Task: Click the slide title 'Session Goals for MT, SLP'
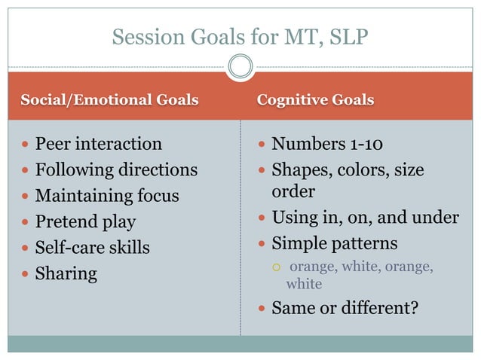pyautogui.click(x=240, y=35)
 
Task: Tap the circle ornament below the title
pyautogui.click(x=240, y=67)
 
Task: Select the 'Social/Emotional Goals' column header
pyautogui.click(x=109, y=100)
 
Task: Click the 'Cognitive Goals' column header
pyautogui.click(x=315, y=100)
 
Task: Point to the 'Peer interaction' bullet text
pyautogui.click(x=98, y=144)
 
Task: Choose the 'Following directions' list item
pyautogui.click(x=116, y=170)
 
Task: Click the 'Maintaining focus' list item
pyautogui.click(x=107, y=196)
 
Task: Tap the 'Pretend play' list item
pyautogui.click(x=85, y=222)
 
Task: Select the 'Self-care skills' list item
pyautogui.click(x=92, y=248)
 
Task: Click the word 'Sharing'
pyautogui.click(x=66, y=273)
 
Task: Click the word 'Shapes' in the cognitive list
pyautogui.click(x=299, y=170)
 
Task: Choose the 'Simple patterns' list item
pyautogui.click(x=334, y=244)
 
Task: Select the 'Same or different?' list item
pyautogui.click(x=344, y=307)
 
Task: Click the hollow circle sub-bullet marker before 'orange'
pyautogui.click(x=277, y=267)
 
